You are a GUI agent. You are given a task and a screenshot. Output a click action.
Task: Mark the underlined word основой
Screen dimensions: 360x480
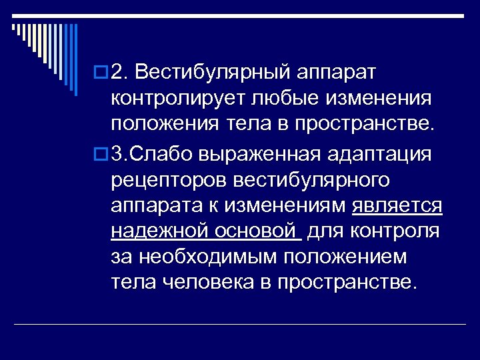(254, 231)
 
